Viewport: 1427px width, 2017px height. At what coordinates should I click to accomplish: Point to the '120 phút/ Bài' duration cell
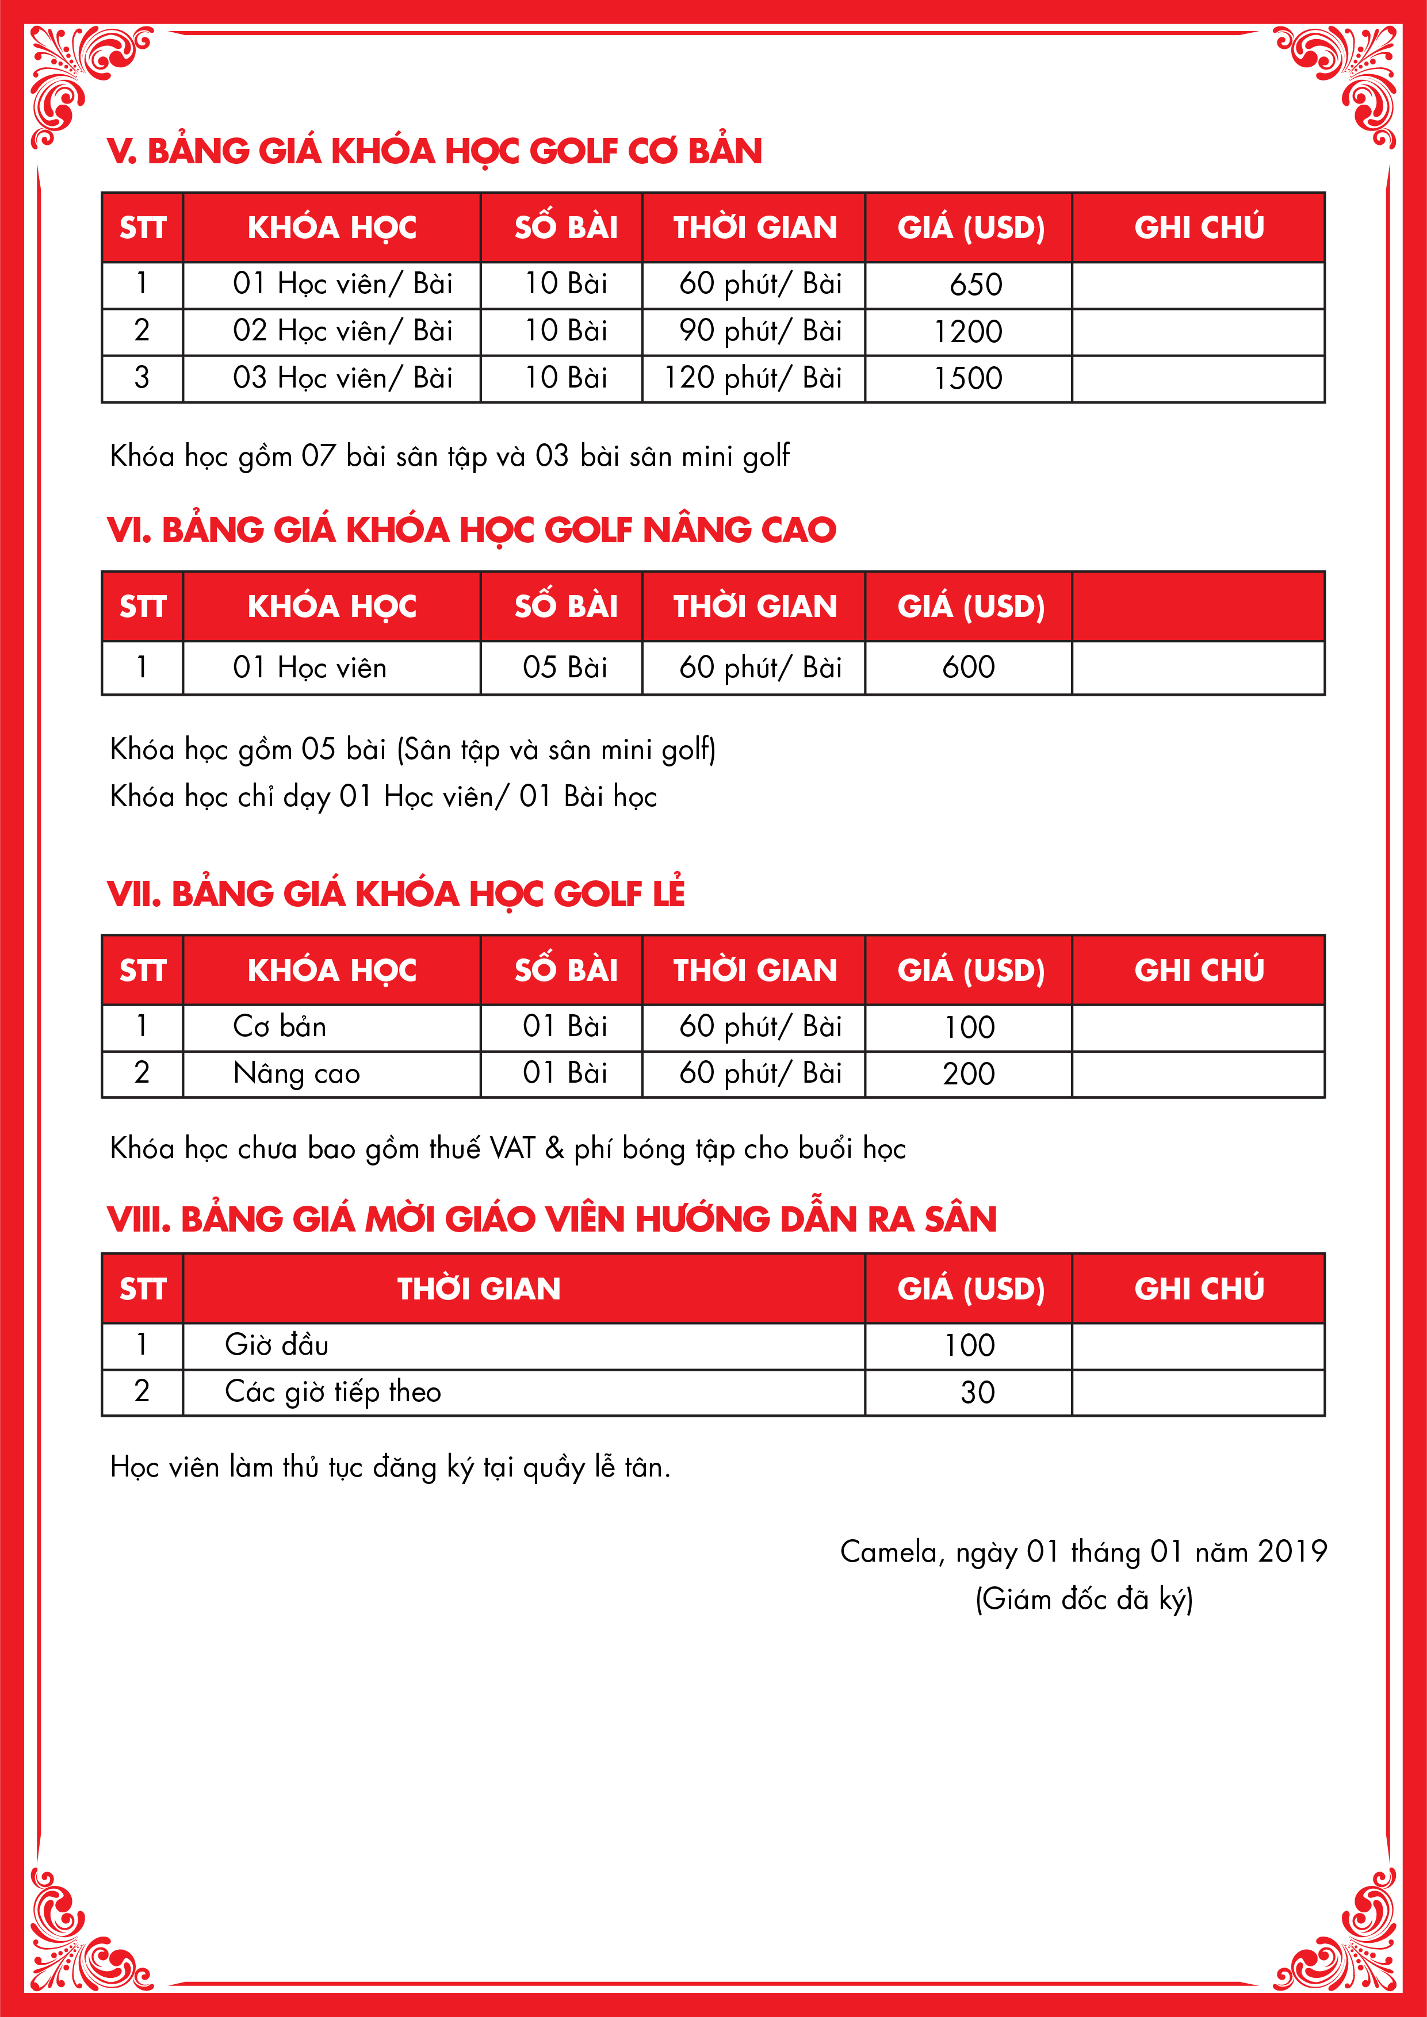coord(752,378)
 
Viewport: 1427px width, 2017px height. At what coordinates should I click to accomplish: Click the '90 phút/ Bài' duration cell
coord(760,331)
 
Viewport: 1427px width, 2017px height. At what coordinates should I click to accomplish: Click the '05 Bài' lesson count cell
coord(565,668)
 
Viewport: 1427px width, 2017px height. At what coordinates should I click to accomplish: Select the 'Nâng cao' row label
coord(296,1073)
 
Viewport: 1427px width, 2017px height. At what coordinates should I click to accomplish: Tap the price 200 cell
coord(969,1073)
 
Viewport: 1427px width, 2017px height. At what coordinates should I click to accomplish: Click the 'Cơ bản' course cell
coord(280,1027)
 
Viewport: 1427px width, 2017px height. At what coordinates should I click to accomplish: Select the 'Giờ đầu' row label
coord(277,1345)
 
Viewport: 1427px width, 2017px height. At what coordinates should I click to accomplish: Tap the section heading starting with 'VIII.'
coord(551,1220)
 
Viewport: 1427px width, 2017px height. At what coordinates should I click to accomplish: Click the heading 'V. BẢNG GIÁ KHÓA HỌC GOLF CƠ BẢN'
coord(434,151)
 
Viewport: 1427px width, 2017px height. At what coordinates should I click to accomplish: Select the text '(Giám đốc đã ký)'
coord(1084,1599)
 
